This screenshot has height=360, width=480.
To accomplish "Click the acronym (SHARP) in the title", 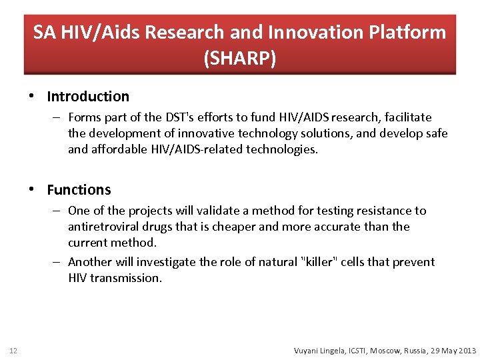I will click(x=239, y=58).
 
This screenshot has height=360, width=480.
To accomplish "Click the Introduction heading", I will click(x=88, y=97).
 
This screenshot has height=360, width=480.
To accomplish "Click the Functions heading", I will click(x=79, y=190).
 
